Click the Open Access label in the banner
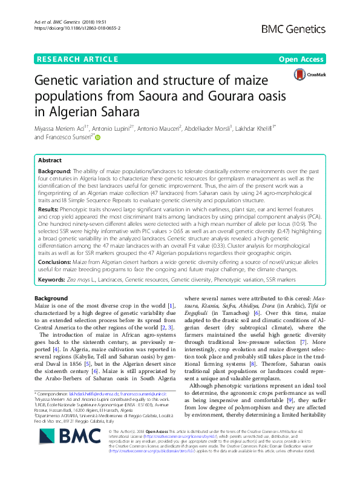301,59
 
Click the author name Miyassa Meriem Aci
61,128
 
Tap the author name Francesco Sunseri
68,137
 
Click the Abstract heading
50,161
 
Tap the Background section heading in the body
51,299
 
